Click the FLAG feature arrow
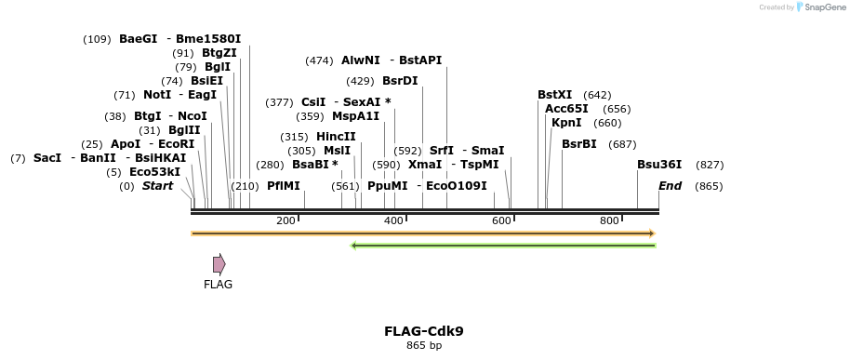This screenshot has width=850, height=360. tap(219, 264)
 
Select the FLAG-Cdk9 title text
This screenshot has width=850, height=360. tap(423, 331)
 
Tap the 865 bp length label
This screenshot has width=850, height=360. tap(423, 346)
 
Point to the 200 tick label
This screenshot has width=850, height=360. tap(286, 220)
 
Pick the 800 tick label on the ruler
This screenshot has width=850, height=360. tap(609, 220)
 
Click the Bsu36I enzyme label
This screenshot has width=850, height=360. tap(659, 165)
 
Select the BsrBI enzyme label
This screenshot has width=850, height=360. tap(579, 144)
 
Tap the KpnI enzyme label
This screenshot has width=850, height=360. tap(566, 123)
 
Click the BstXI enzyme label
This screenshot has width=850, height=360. tap(555, 95)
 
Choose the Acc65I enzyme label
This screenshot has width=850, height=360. tap(566, 109)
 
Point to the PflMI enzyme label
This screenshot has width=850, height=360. tap(284, 186)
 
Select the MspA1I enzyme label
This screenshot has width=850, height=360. tap(355, 116)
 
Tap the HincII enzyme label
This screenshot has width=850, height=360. tap(336, 137)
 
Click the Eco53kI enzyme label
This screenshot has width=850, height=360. tap(154, 172)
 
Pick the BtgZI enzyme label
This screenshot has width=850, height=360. tap(219, 53)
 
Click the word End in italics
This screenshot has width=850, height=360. tap(670, 186)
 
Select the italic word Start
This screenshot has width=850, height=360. tap(157, 186)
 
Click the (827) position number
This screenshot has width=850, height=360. tap(710, 165)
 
